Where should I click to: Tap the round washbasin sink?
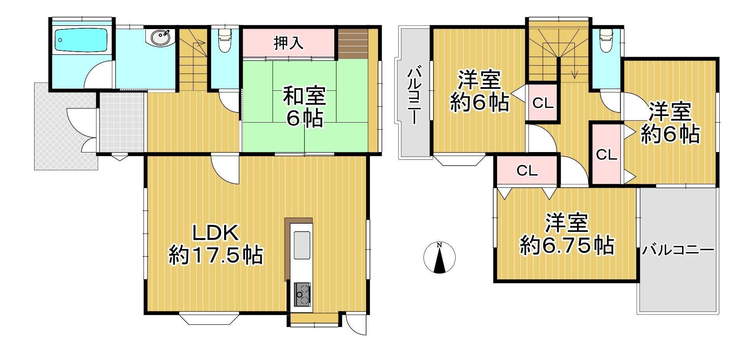tap(160, 38)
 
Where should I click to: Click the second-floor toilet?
tap(606, 40)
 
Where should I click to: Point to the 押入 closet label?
tap(289, 43)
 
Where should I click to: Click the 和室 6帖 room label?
tap(304, 107)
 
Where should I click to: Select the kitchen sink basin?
tap(302, 245)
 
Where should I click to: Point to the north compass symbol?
tap(439, 257)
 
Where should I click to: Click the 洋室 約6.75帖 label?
tap(567, 234)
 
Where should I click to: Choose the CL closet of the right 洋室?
tap(606, 154)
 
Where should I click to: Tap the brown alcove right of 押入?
tap(352, 43)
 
